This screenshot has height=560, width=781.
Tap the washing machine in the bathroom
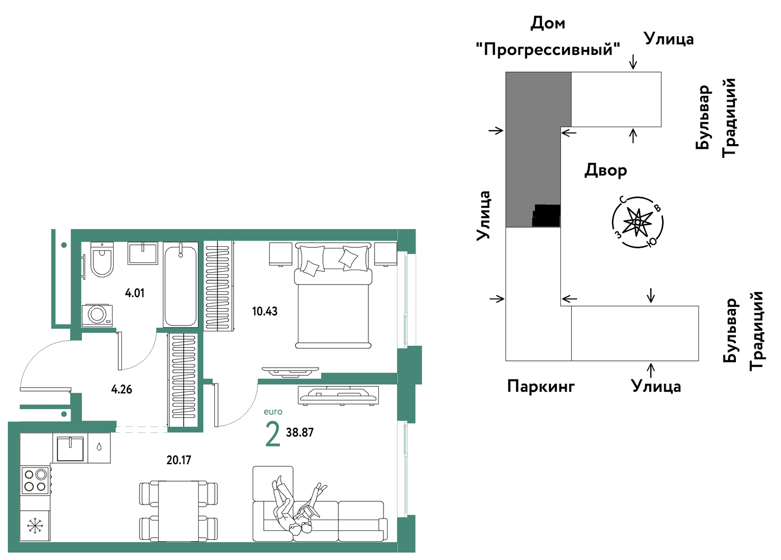pos(97,315)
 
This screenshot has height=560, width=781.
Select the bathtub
pos(180,285)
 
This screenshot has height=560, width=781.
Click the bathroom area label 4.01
pos(135,293)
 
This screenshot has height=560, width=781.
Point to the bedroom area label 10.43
pos(265,311)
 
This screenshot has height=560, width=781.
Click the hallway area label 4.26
pos(122,389)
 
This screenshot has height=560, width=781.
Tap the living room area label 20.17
pos(179,460)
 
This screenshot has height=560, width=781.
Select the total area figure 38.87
pos(300,432)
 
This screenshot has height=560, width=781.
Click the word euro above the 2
pos(273,412)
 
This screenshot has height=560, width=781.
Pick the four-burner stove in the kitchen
pos(35,480)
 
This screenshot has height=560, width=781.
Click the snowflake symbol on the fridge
pos(35,526)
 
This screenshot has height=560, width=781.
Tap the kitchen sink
pos(70,449)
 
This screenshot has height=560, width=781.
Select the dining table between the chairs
pos(179,511)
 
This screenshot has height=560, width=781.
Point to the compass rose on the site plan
pos(637,222)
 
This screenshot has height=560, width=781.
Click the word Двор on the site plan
pos(606,170)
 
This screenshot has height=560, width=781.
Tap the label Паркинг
pos(541,386)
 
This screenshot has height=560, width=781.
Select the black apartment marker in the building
pos(546,215)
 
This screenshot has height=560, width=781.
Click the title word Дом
pos(547,23)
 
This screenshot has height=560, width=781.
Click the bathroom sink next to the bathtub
pos(143,254)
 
